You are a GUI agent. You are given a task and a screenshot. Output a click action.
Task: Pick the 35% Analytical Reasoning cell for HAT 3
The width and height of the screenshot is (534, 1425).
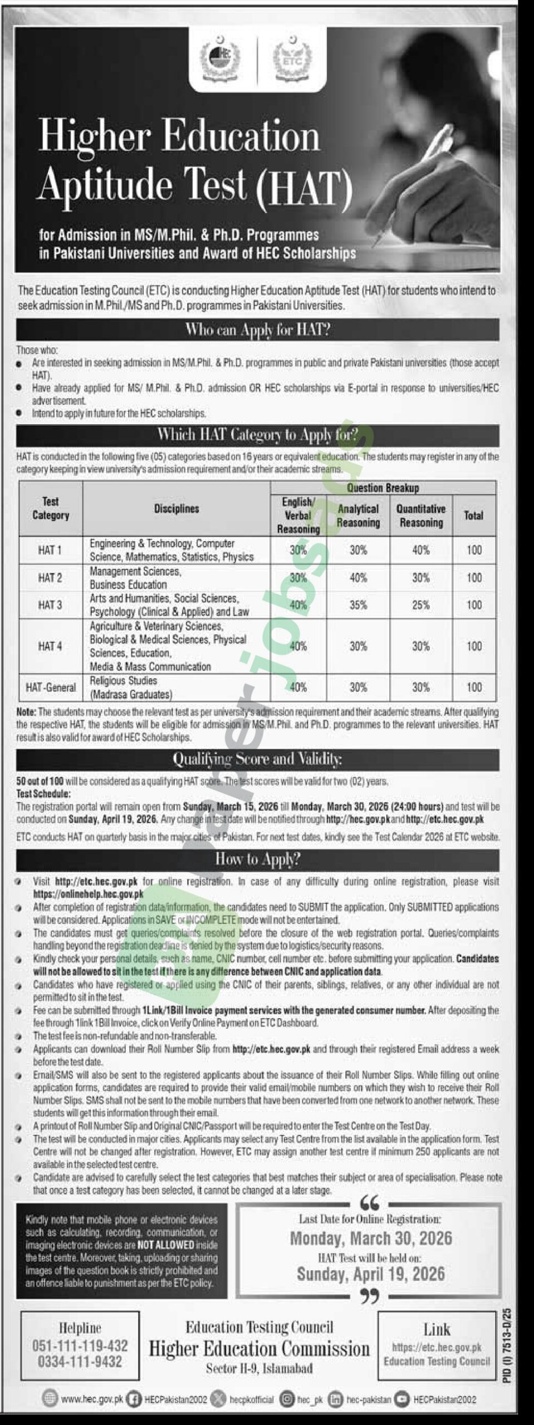pos(358,605)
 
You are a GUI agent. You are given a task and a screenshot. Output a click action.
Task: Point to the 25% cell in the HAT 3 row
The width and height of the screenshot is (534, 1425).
pos(420,605)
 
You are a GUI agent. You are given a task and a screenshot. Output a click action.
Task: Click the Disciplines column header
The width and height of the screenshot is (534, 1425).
pos(177,509)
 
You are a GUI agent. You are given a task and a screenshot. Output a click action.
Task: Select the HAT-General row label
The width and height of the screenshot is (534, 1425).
pos(51,687)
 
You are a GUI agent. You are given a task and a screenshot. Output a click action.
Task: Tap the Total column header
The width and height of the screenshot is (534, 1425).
pos(473,515)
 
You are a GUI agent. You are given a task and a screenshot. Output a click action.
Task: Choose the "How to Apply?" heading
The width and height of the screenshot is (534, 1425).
pos(257,860)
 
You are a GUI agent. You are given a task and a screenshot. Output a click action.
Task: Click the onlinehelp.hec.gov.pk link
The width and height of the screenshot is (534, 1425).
pos(88,895)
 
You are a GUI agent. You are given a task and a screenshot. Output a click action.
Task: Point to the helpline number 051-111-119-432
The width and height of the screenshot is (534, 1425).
pos(80,1346)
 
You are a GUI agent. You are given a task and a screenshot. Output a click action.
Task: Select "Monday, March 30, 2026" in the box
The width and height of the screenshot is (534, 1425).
pos(370,1239)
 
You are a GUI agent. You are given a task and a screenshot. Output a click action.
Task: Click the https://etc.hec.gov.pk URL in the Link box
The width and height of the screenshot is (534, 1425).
pos(437,1348)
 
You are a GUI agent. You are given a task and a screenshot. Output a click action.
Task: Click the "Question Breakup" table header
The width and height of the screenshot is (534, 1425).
pos(383,488)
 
